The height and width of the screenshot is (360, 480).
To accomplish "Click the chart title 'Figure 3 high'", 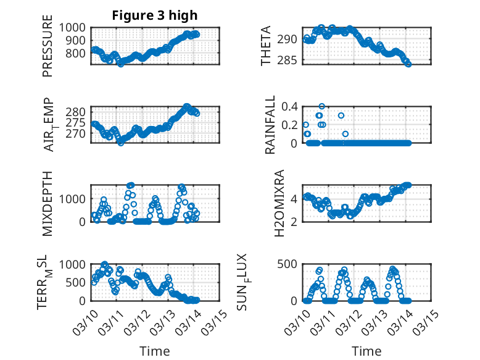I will tap(154, 15).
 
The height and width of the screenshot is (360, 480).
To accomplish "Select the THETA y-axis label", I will tap(266, 46).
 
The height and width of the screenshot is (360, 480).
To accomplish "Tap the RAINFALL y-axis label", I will tap(270, 125).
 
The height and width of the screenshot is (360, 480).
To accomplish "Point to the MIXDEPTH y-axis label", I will tap(48, 203).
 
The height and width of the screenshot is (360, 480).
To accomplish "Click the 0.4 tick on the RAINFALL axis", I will tap(290, 106).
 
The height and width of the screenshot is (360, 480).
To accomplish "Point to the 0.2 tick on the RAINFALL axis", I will tap(290, 125).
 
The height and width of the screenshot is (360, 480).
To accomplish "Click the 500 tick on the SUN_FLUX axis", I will tap(290, 264).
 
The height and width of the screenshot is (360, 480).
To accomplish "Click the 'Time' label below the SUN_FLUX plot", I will tap(366, 351).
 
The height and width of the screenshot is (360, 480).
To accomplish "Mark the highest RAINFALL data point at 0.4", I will tap(321, 106).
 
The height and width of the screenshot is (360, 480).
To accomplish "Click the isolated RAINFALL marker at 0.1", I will tap(346, 134).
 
